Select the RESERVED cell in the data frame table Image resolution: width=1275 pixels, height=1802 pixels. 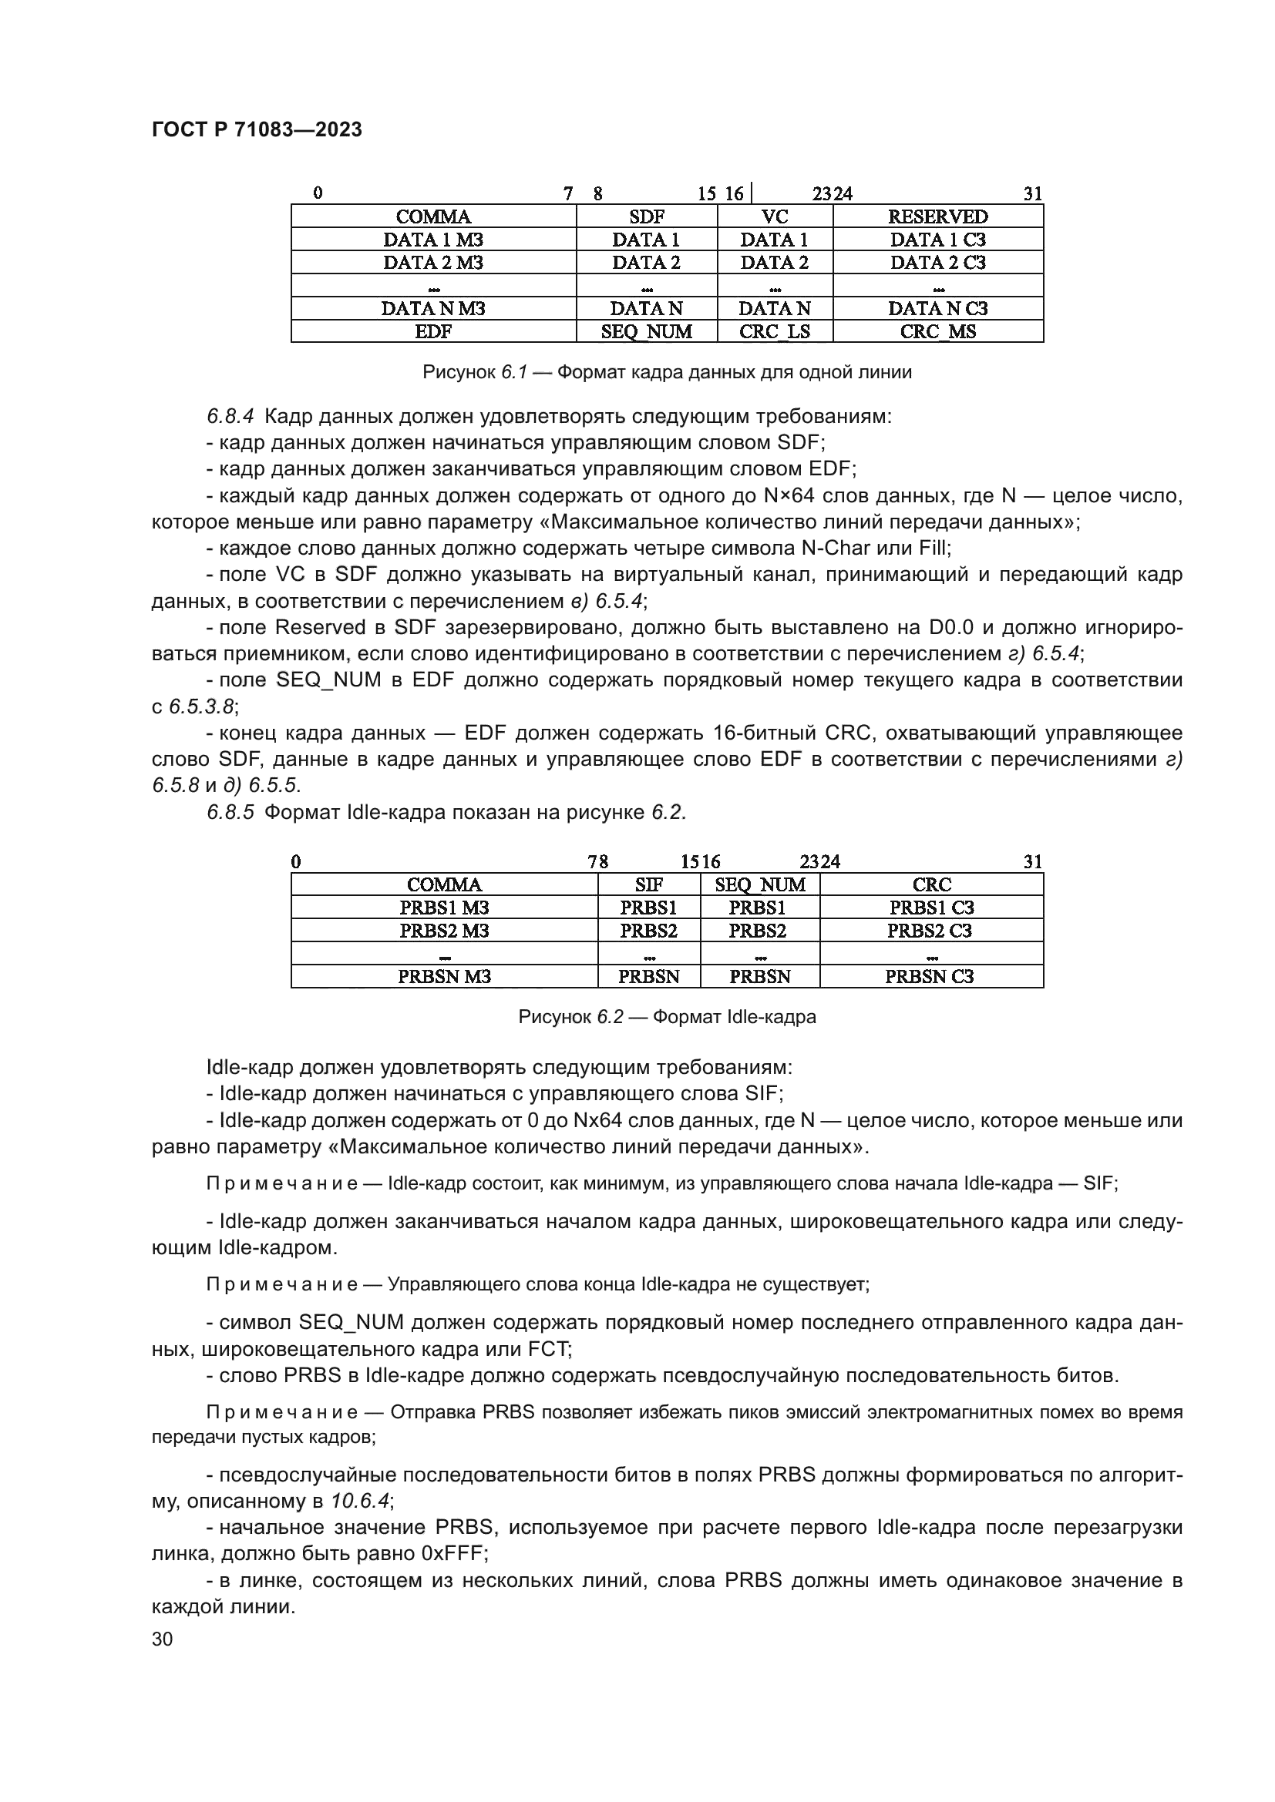pyautogui.click(x=937, y=216)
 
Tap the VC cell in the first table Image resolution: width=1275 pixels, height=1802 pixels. pyautogui.click(x=774, y=216)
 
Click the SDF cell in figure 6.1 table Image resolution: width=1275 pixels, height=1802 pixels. pyautogui.click(x=646, y=216)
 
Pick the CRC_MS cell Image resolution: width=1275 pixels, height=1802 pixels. pyautogui.click(x=937, y=332)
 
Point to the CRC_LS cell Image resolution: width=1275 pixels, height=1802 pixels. pyautogui.click(x=774, y=332)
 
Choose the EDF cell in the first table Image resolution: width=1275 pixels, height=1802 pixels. pyautogui.click(x=432, y=332)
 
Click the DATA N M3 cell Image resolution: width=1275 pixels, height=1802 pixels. pyautogui.click(x=432, y=308)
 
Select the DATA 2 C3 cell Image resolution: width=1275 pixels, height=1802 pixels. pyautogui.click(x=937, y=263)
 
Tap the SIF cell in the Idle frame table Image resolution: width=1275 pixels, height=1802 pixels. pyautogui.click(x=648, y=885)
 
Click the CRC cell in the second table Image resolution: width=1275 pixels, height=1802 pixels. pyautogui.click(x=931, y=885)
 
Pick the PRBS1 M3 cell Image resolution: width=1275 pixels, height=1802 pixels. pyautogui.click(x=443, y=908)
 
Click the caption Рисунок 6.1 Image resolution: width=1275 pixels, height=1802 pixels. pyautogui.click(x=667, y=373)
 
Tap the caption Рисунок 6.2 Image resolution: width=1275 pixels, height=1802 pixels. pyautogui.click(x=667, y=1018)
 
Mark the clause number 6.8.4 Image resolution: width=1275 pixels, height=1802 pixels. pyautogui.click(x=230, y=417)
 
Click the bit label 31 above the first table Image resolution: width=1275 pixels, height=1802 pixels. pyautogui.click(x=1032, y=194)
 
